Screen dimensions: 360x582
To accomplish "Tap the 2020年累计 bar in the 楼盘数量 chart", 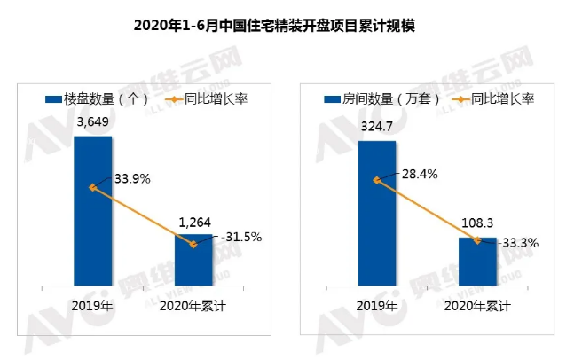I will (x=193, y=261).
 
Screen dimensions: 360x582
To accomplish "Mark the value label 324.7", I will (x=377, y=126).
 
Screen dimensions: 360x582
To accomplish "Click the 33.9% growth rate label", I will (x=131, y=178).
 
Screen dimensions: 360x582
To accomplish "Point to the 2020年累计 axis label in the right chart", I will (x=477, y=305).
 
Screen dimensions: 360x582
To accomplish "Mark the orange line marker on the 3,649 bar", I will (x=92, y=187).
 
